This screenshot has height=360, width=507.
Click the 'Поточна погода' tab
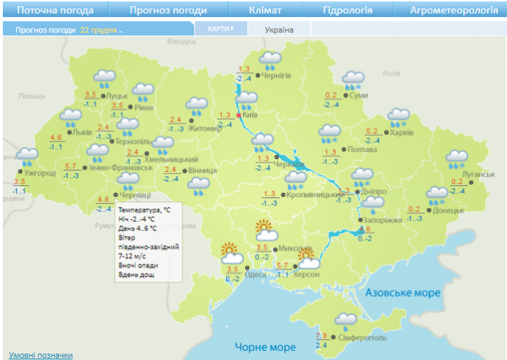[x=54, y=11]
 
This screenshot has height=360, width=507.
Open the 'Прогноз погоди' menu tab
[x=168, y=11]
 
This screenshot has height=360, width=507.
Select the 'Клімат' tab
[x=265, y=11]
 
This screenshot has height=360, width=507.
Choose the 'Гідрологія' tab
[x=347, y=11]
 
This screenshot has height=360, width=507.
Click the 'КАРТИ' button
[x=220, y=29]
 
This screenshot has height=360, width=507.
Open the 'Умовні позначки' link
[x=40, y=355]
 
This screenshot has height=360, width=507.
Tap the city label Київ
[x=250, y=115]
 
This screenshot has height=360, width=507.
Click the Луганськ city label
[x=478, y=174]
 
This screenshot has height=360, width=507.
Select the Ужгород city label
[x=39, y=173]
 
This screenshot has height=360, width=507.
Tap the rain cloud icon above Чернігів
[x=270, y=61]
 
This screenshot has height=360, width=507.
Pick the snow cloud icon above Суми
[x=352, y=80]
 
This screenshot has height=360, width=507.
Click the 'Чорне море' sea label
[x=264, y=347]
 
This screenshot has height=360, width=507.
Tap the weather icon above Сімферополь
[x=345, y=323]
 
